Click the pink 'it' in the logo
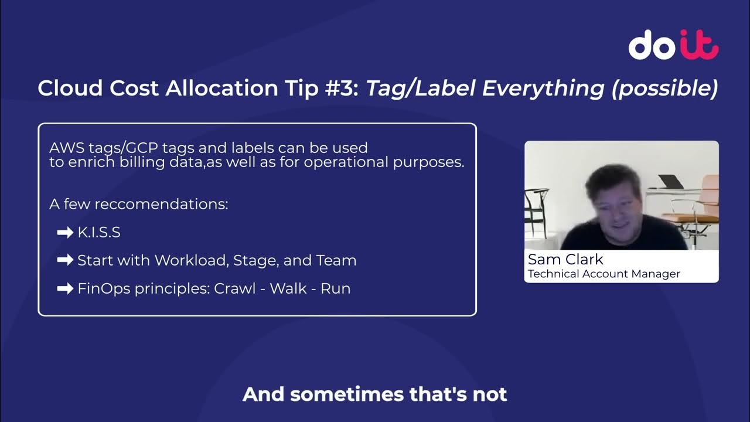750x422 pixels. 699,45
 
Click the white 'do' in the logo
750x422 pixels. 652,45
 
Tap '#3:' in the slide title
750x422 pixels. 339,88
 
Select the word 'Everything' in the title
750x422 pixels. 543,88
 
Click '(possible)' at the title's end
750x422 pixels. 664,89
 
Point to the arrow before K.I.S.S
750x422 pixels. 64,233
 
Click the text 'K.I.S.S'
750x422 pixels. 99,232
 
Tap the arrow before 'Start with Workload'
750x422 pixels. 64,260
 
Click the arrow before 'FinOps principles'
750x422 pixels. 64,288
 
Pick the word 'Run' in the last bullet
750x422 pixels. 335,288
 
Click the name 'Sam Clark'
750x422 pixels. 565,260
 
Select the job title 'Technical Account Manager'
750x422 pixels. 604,274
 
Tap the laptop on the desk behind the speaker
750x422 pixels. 670,182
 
